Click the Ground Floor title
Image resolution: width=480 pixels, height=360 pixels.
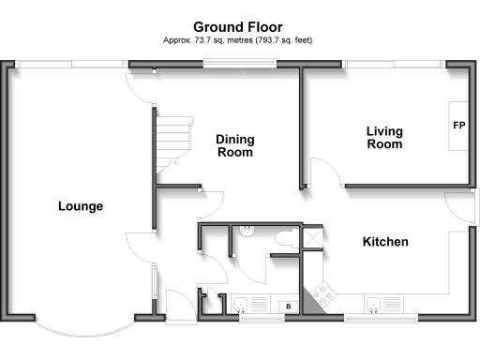(x=238, y=28)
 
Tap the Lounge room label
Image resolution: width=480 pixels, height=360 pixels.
(x=80, y=206)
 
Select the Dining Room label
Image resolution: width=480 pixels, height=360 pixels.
(x=235, y=145)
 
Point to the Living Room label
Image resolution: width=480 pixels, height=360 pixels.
(x=384, y=138)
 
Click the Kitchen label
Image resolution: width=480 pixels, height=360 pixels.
(x=385, y=242)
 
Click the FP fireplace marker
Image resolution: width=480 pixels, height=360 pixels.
(x=459, y=125)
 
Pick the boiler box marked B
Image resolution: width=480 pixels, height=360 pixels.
(x=287, y=307)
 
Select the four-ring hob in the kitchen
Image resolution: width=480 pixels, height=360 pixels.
(x=325, y=295)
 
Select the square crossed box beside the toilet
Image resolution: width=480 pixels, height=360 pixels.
(x=311, y=239)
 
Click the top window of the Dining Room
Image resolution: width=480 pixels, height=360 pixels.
(x=241, y=64)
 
